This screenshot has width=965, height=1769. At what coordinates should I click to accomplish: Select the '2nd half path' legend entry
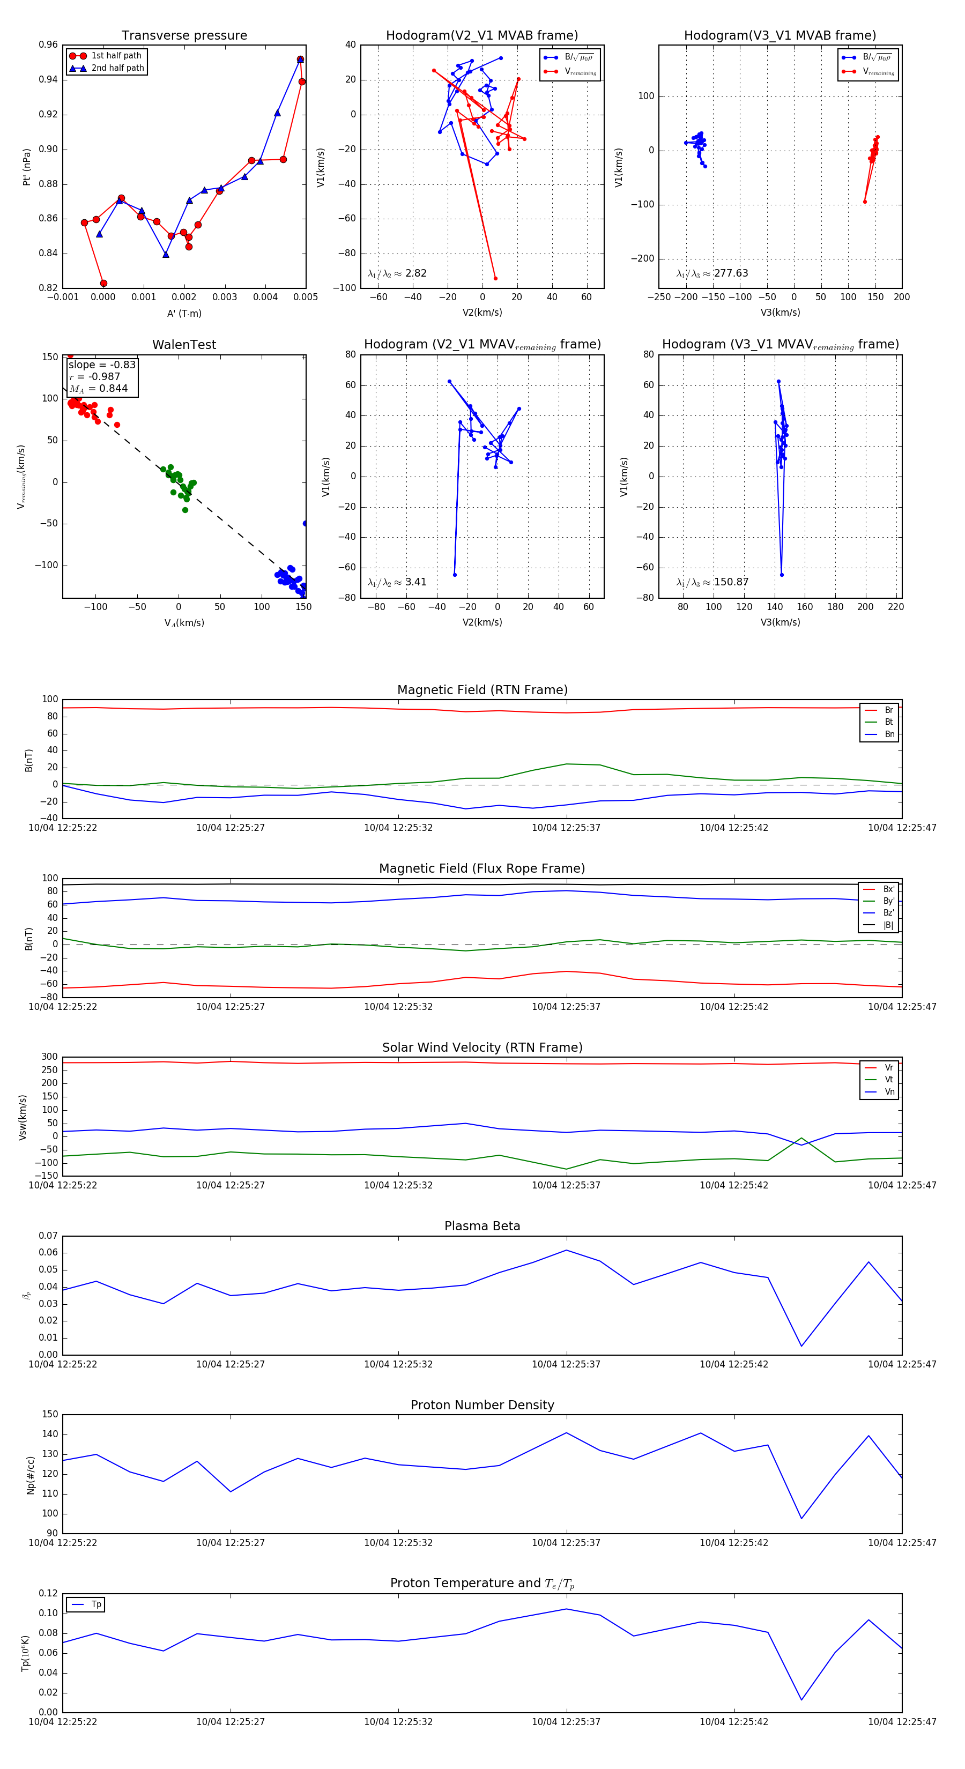[x=117, y=68]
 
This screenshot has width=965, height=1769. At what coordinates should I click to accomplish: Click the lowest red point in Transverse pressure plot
[x=103, y=283]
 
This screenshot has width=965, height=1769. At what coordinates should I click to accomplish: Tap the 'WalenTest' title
[x=184, y=345]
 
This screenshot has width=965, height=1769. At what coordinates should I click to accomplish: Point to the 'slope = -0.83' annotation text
[x=102, y=365]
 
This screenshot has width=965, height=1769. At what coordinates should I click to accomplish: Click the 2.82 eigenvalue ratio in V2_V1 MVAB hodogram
[x=415, y=273]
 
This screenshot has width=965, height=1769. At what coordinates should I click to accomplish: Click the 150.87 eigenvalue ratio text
[x=731, y=582]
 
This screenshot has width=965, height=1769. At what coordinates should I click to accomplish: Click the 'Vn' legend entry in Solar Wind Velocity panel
[x=889, y=1092]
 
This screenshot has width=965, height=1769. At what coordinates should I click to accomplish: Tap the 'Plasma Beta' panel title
[x=482, y=1227]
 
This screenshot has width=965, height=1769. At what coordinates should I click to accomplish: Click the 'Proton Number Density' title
[x=482, y=1405]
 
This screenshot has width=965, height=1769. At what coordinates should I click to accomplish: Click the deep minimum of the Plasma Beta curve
[x=801, y=1346]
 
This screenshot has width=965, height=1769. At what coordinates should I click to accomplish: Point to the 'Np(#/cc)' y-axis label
[x=30, y=1475]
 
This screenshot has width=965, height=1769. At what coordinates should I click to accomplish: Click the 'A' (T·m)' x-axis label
[x=184, y=313]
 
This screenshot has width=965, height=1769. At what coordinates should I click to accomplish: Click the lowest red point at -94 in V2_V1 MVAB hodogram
[x=495, y=278]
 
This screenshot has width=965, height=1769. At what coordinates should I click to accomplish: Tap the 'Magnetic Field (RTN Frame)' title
[x=482, y=690]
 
